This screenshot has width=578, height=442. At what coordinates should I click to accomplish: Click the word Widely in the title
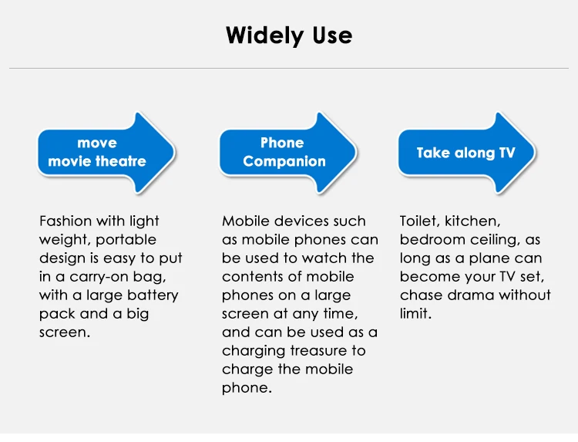tap(264, 36)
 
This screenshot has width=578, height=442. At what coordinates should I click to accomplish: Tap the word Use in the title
tap(332, 35)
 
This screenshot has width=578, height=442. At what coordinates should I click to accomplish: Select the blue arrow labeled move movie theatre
tap(106, 153)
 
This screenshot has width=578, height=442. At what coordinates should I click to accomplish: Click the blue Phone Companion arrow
tap(288, 153)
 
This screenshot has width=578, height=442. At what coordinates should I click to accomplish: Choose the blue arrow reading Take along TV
tap(467, 153)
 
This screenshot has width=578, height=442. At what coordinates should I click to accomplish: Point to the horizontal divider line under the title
tap(289, 68)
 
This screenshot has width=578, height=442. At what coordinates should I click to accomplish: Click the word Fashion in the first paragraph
tap(66, 221)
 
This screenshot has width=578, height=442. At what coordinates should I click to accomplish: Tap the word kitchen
tap(472, 221)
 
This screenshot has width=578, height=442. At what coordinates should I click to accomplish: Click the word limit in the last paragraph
tap(415, 314)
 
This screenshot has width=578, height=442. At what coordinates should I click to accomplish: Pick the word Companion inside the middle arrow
tap(284, 161)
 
